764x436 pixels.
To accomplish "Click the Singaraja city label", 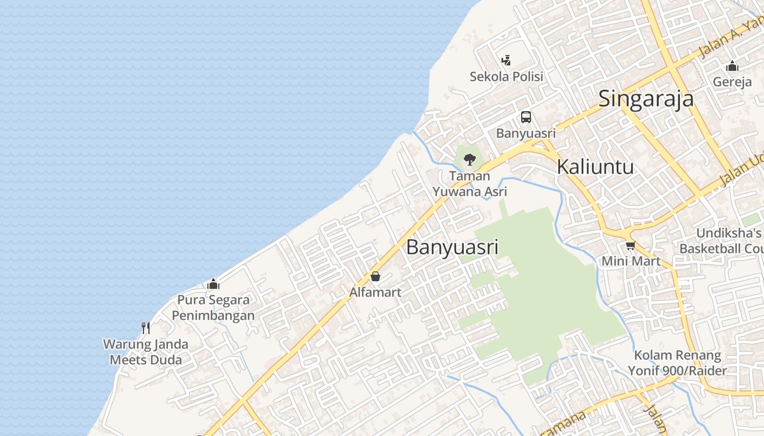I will click(646, 99).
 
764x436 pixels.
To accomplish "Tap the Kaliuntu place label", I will click(595, 167).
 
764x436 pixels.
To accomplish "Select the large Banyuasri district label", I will click(452, 247).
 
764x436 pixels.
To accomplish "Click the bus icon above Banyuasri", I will click(526, 117).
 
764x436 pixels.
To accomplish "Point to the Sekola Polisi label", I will click(506, 77).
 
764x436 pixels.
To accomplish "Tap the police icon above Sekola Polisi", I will click(506, 60).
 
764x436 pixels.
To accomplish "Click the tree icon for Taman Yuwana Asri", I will click(469, 160).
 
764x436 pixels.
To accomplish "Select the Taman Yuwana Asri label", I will click(470, 184).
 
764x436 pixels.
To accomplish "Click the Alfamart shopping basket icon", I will click(375, 276).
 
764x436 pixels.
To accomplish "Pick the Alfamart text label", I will click(375, 292).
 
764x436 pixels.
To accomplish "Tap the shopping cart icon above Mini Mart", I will click(631, 245).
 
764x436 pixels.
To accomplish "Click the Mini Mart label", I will click(631, 261).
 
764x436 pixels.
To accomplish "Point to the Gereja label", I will click(732, 82).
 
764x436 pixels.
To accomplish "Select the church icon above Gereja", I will click(732, 66).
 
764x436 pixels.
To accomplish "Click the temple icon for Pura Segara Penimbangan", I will click(213, 284).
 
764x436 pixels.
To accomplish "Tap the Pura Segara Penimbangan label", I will click(213, 307).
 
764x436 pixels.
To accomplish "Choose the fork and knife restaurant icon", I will click(146, 328).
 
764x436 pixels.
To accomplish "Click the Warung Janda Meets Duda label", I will click(146, 352).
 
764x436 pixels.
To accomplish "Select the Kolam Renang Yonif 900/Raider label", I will click(677, 363).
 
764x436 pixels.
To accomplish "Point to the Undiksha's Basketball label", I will click(721, 241).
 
